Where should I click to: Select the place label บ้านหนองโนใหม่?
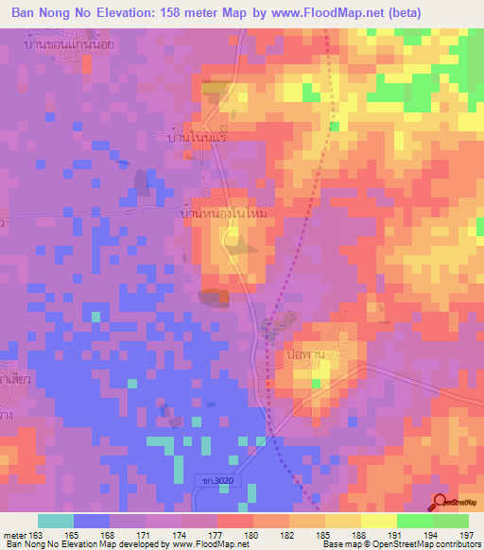pos(226,215)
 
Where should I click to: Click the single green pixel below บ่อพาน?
pos(316,383)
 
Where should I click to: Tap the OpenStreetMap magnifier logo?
pos(441,502)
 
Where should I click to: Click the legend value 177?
pos(216,534)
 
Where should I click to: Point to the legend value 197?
pos(466,534)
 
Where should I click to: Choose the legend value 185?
pos(324,534)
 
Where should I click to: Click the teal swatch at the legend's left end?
pos(56,521)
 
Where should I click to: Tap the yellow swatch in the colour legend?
pos(378,521)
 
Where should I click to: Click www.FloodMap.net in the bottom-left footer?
pos(202,544)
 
